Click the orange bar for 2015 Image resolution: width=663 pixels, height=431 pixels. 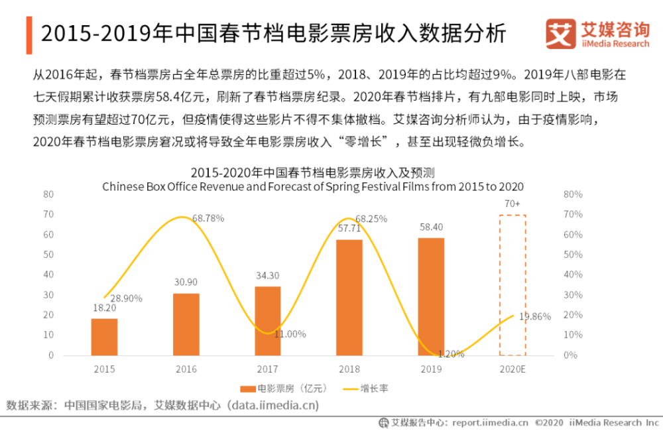[x=104, y=337]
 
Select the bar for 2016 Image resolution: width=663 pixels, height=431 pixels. [x=186, y=324]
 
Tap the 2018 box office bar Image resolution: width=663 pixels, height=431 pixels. [x=349, y=297]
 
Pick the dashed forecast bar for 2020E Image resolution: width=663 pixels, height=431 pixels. [x=512, y=285]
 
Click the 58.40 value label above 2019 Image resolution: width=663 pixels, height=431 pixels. [x=431, y=227]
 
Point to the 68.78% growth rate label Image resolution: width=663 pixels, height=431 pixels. [x=208, y=217]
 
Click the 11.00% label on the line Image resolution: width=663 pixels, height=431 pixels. [x=290, y=334]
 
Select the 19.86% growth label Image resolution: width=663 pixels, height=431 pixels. [x=535, y=316]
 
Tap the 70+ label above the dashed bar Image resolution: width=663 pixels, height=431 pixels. [x=512, y=204]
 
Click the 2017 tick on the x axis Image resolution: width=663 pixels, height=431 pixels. [x=268, y=367]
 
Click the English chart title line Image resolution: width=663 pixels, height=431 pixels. [x=313, y=187]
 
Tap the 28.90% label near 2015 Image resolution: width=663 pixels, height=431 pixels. [x=126, y=298]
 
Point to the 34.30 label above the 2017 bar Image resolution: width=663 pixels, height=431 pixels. [x=268, y=275]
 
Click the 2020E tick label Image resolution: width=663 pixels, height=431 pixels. [x=512, y=367]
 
